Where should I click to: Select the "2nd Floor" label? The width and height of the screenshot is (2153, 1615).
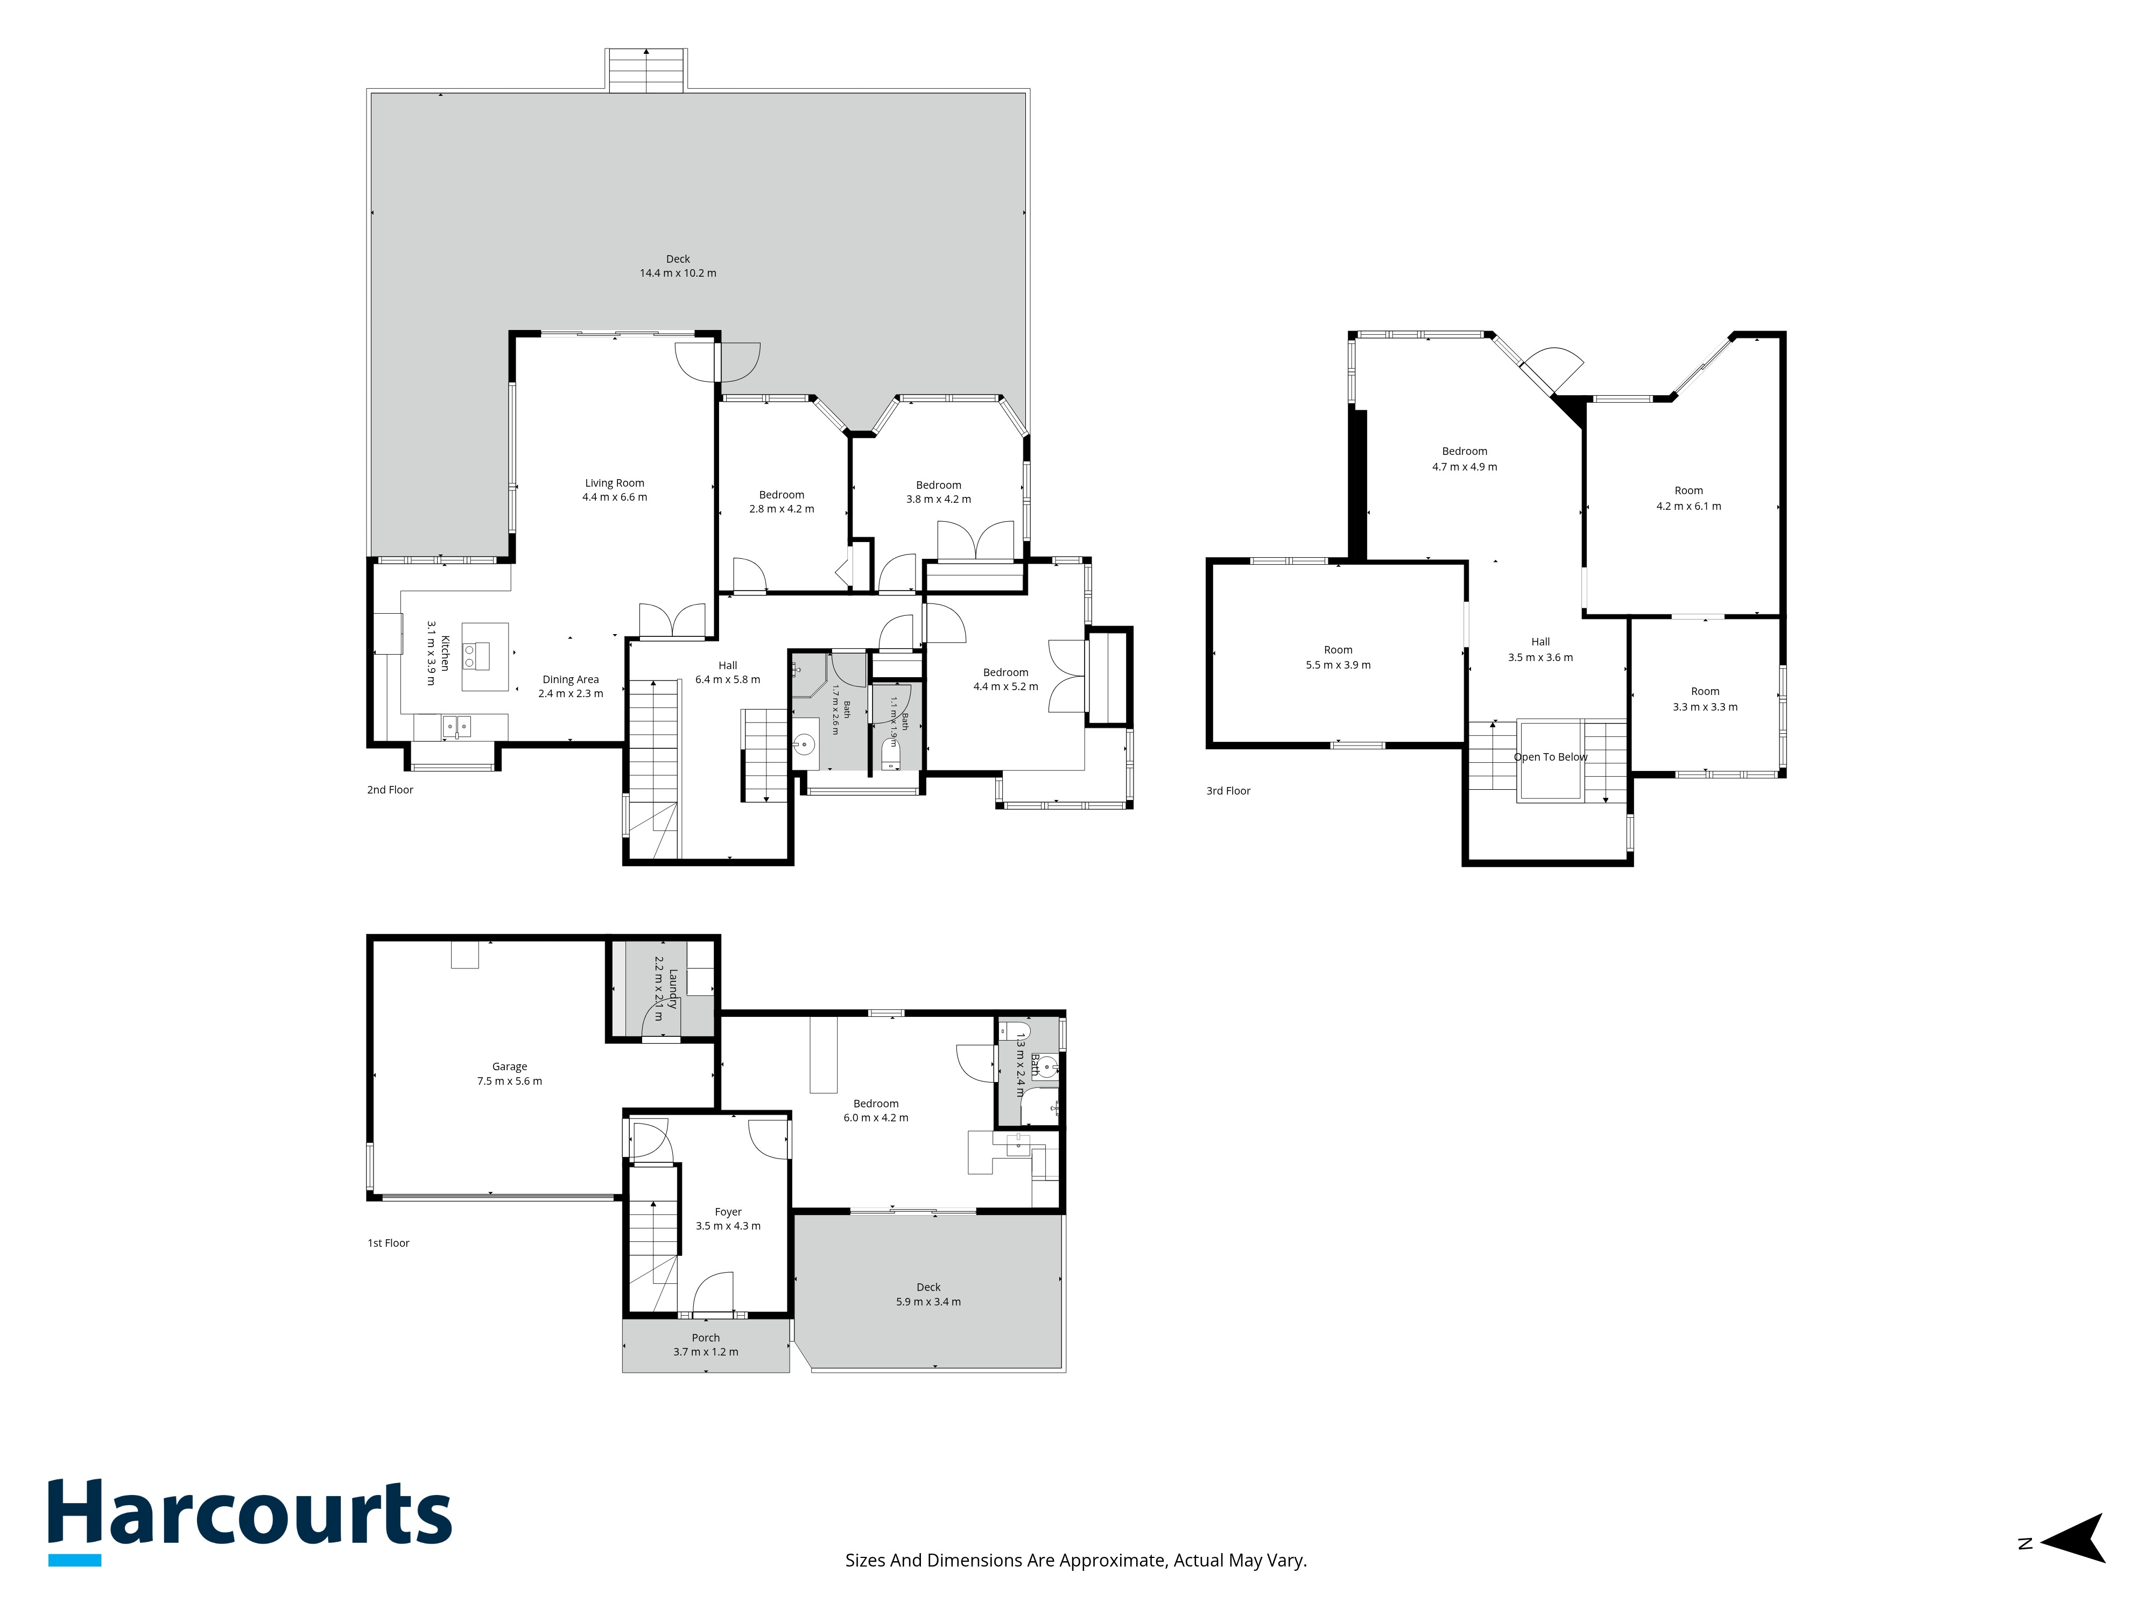(390, 790)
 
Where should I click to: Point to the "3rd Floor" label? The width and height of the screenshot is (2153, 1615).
(1228, 790)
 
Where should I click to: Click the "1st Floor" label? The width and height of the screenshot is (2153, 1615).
(389, 1243)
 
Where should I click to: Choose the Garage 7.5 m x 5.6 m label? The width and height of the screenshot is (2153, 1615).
(509, 1074)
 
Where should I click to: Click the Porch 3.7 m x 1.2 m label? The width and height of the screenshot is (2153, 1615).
(706, 1344)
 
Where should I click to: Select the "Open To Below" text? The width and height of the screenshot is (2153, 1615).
(1551, 756)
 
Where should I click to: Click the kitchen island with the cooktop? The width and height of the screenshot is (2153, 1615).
(485, 657)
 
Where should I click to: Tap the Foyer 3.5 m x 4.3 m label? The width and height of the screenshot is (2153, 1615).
(728, 1219)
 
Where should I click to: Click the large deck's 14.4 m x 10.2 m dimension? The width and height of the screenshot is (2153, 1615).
(678, 273)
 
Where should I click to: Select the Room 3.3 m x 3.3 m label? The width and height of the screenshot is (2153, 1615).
(1705, 699)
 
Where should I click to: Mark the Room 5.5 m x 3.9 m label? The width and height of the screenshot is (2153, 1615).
(1338, 657)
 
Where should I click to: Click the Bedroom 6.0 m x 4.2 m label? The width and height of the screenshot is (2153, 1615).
(876, 1111)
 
